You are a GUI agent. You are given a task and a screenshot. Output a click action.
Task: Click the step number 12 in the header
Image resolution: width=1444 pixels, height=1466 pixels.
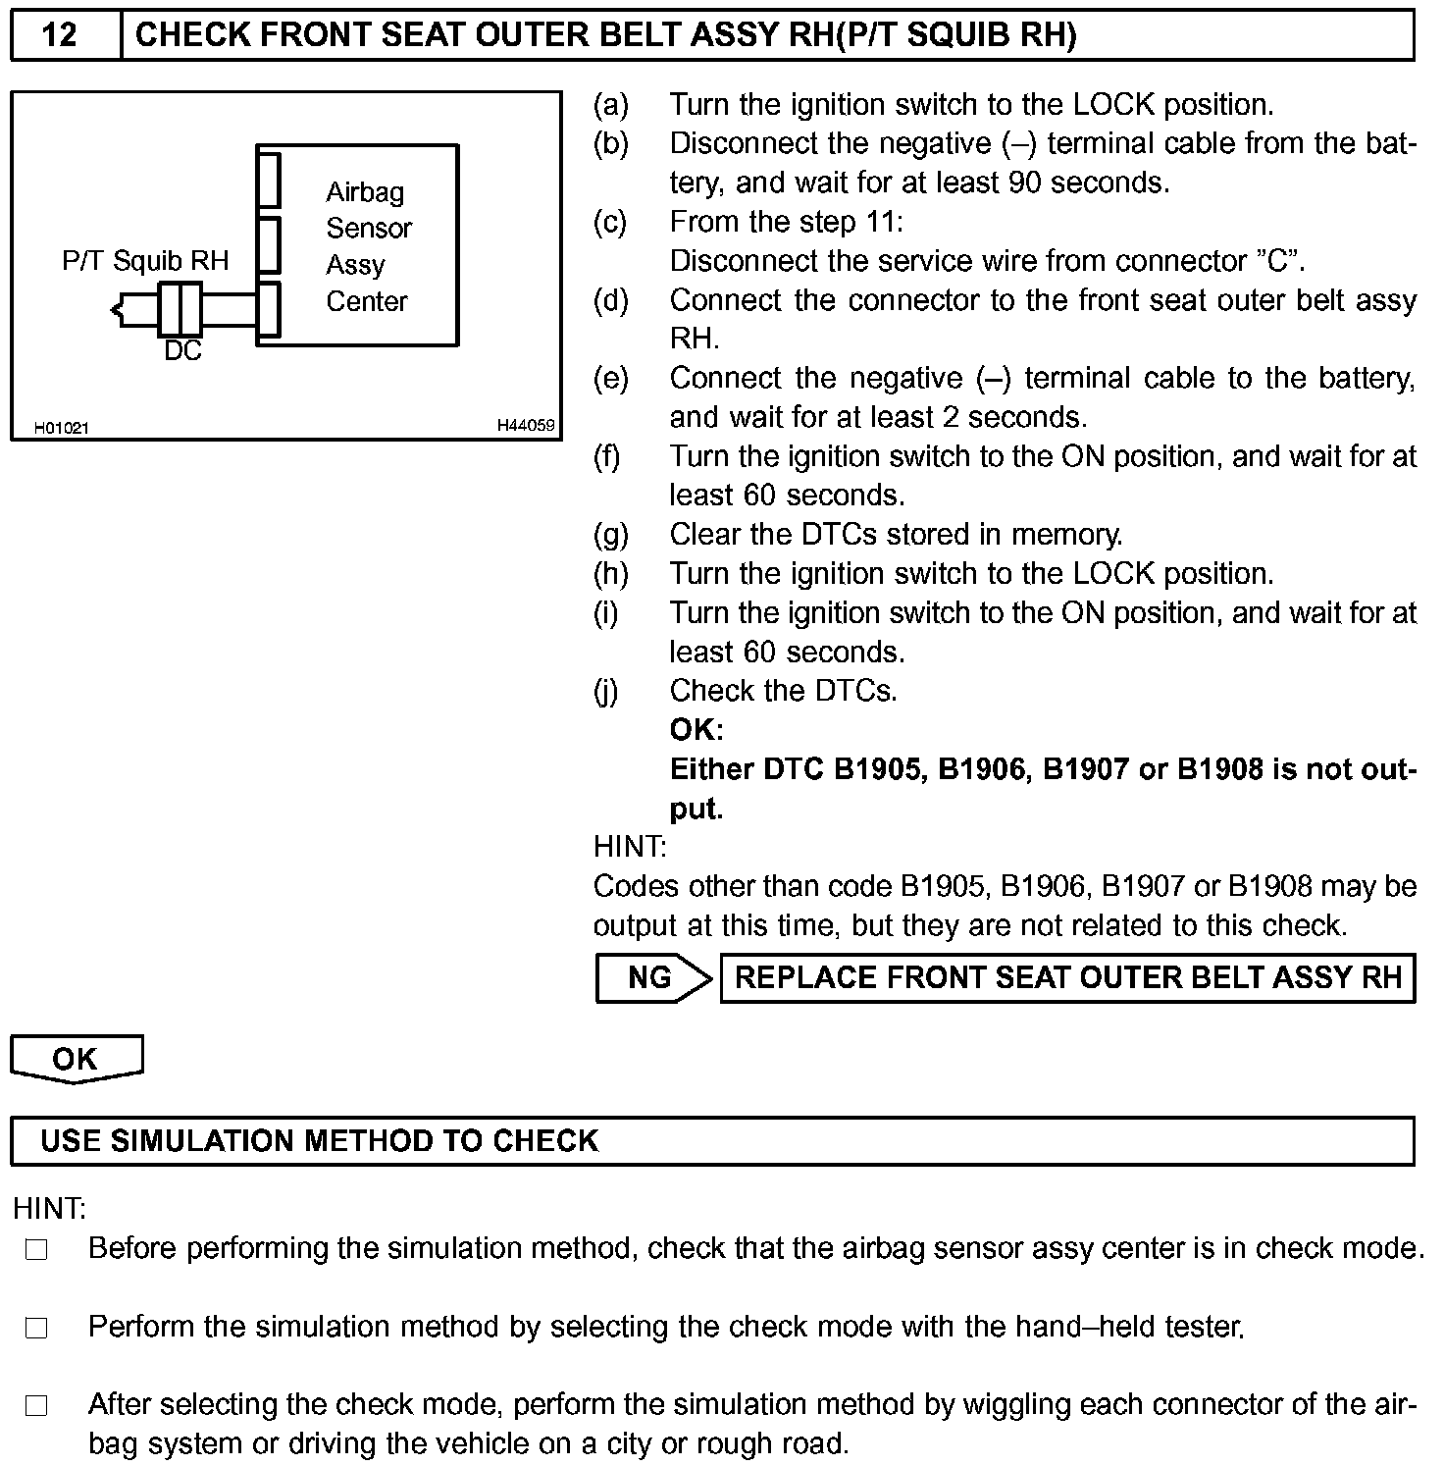pos(60,36)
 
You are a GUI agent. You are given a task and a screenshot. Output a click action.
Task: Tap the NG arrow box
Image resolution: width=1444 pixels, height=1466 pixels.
pos(652,977)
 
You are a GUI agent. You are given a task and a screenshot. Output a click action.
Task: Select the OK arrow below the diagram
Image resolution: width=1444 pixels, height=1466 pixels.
pos(76,1059)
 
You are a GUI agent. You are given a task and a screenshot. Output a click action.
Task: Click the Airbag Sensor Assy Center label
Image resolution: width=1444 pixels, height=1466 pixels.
pos(368,246)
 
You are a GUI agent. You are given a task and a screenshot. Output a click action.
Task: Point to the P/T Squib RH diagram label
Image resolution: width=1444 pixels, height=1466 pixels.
pos(145,261)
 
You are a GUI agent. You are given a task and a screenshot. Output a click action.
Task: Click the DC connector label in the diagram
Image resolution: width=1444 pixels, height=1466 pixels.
pos(182,351)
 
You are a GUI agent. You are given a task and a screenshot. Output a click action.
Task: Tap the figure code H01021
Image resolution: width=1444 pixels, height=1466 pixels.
pos(62,428)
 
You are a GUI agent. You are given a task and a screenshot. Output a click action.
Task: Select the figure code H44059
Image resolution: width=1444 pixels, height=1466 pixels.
pos(526,426)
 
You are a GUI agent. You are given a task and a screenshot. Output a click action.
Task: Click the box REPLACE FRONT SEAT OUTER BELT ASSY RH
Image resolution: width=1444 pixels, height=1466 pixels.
pos(1067,978)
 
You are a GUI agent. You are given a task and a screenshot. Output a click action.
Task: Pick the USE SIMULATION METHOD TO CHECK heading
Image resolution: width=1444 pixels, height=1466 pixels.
pos(320,1140)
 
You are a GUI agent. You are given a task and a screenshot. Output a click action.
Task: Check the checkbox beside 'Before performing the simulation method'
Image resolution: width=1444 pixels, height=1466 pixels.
pos(36,1249)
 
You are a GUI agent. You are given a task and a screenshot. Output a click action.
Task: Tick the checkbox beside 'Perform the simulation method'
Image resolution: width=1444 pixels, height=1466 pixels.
pos(36,1328)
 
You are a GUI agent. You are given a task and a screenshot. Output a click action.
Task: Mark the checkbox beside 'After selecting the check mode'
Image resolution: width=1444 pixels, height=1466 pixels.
pos(36,1406)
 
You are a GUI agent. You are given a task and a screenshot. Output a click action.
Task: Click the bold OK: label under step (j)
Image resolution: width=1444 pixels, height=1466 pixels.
pos(696,730)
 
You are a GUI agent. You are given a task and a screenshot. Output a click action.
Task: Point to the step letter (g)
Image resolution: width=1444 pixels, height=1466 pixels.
pos(611,535)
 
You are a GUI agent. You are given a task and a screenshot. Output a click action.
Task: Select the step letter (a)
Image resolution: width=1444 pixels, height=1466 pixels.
pos(611,105)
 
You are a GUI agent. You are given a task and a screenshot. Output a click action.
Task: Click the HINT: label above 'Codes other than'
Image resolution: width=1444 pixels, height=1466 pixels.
pos(630,847)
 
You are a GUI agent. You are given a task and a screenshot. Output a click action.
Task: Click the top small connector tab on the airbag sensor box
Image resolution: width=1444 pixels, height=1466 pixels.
pos(269,180)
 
